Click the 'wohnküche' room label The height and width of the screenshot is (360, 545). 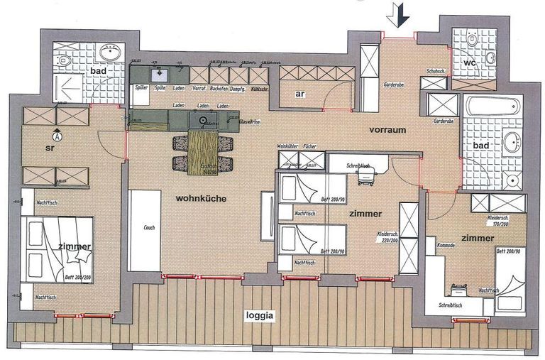(x=202, y=198)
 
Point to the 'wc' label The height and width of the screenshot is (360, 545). (x=470, y=62)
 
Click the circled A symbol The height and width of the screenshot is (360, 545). (x=57, y=133)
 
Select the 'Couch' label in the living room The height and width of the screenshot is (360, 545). (x=149, y=229)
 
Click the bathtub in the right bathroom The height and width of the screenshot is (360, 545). (x=494, y=109)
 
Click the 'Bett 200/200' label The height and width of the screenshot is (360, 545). (x=78, y=277)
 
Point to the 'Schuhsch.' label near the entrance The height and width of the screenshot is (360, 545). (x=435, y=72)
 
